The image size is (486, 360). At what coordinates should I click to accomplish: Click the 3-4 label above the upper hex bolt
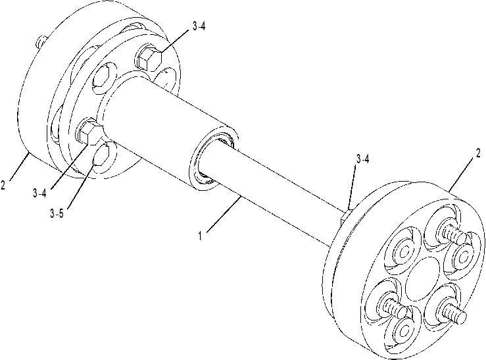199,27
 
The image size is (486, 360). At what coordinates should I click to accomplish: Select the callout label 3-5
57,213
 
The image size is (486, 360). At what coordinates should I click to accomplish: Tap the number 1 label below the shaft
200,236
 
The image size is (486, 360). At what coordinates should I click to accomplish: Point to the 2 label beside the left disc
3,185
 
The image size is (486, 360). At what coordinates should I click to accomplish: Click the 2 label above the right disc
479,153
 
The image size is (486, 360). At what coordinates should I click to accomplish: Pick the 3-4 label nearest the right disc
362,159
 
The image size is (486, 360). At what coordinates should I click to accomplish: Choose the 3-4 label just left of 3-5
39,193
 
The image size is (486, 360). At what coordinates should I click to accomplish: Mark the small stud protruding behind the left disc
41,41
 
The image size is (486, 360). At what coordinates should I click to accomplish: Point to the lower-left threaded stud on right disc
395,308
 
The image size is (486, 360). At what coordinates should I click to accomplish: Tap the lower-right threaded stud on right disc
453,313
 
